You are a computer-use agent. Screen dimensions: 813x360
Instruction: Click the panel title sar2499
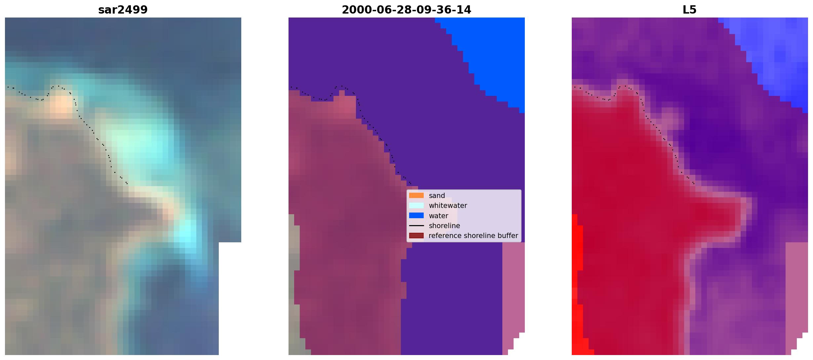(x=123, y=10)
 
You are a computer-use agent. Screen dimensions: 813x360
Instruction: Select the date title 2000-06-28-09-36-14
(x=406, y=10)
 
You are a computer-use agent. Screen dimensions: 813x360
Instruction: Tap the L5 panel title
(x=690, y=10)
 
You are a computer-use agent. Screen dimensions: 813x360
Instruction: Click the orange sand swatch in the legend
(x=416, y=195)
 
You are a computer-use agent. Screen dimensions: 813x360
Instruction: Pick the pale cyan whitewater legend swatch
(x=416, y=205)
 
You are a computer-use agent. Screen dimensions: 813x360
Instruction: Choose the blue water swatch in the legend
(x=416, y=216)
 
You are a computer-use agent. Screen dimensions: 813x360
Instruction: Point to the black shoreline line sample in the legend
(x=416, y=226)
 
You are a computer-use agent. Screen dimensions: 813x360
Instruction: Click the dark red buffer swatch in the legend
(x=416, y=236)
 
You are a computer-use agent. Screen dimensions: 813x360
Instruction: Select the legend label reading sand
(x=437, y=196)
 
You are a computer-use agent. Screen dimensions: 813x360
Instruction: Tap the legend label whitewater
(x=448, y=206)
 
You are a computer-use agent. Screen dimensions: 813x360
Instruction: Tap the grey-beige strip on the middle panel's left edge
(x=294, y=284)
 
